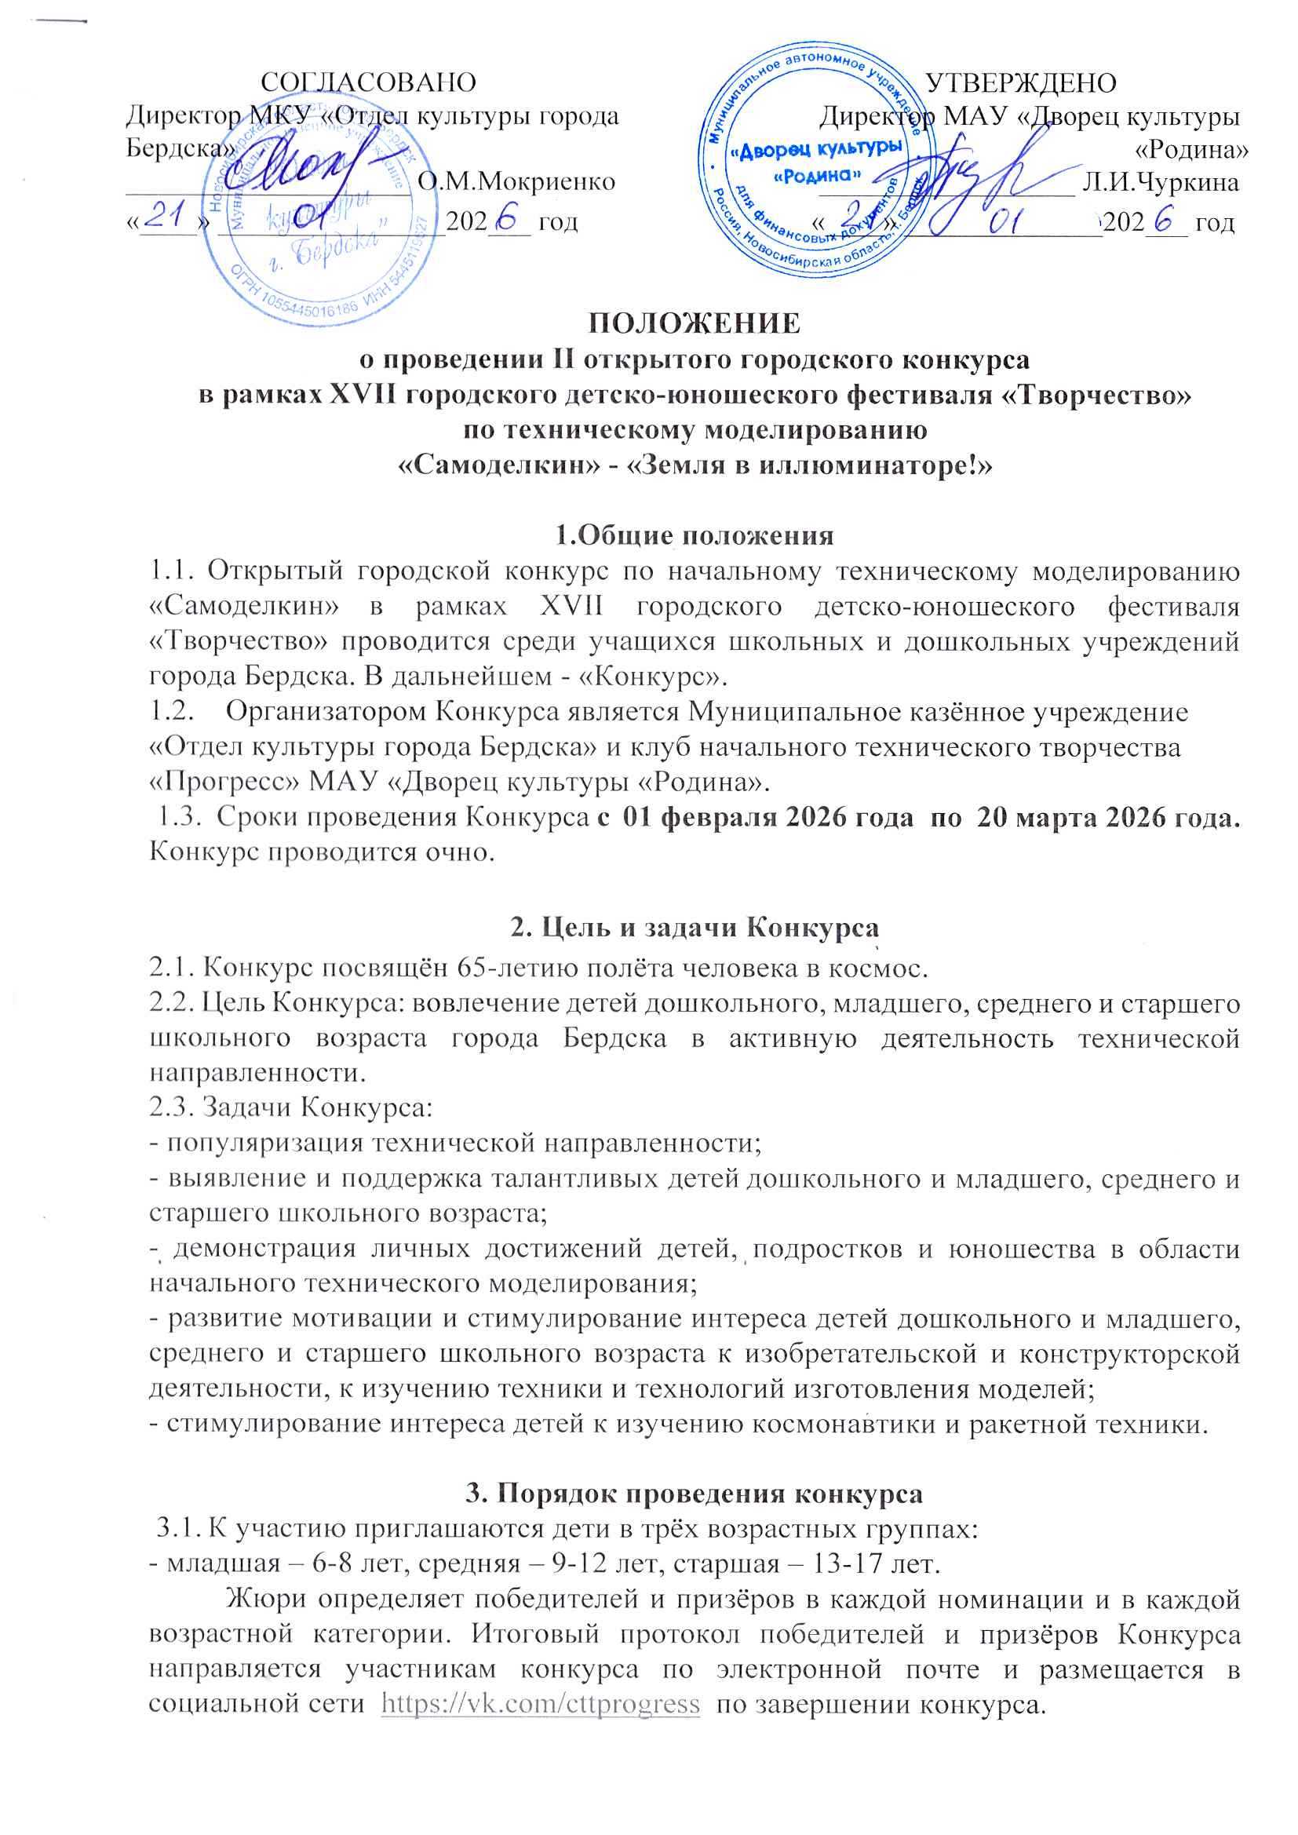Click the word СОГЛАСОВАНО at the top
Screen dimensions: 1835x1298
click(x=370, y=83)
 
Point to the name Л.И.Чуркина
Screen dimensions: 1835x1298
click(x=1160, y=182)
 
